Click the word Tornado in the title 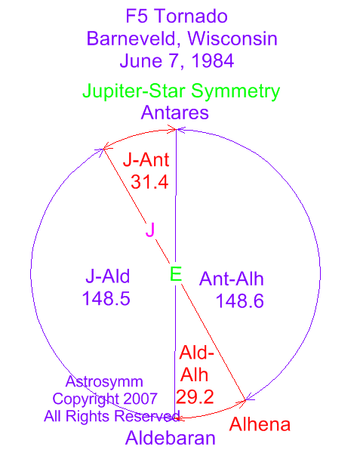tap(192, 16)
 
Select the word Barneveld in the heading tap(131, 39)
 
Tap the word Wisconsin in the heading tap(232, 39)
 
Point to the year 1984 tap(213, 60)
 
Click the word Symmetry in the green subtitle tap(235, 92)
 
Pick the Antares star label tap(175, 112)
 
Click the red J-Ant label tap(146, 160)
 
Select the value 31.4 tap(149, 182)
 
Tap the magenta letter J tap(150, 230)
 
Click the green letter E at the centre tap(176, 274)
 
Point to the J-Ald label tap(108, 276)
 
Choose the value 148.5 tap(106, 298)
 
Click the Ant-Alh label tap(232, 279)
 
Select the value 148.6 tap(240, 301)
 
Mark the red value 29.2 tap(195, 397)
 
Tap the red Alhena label tap(260, 424)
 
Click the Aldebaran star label tap(171, 438)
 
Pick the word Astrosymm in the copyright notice tap(104, 382)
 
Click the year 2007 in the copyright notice tap(140, 399)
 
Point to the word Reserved tap(147, 416)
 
